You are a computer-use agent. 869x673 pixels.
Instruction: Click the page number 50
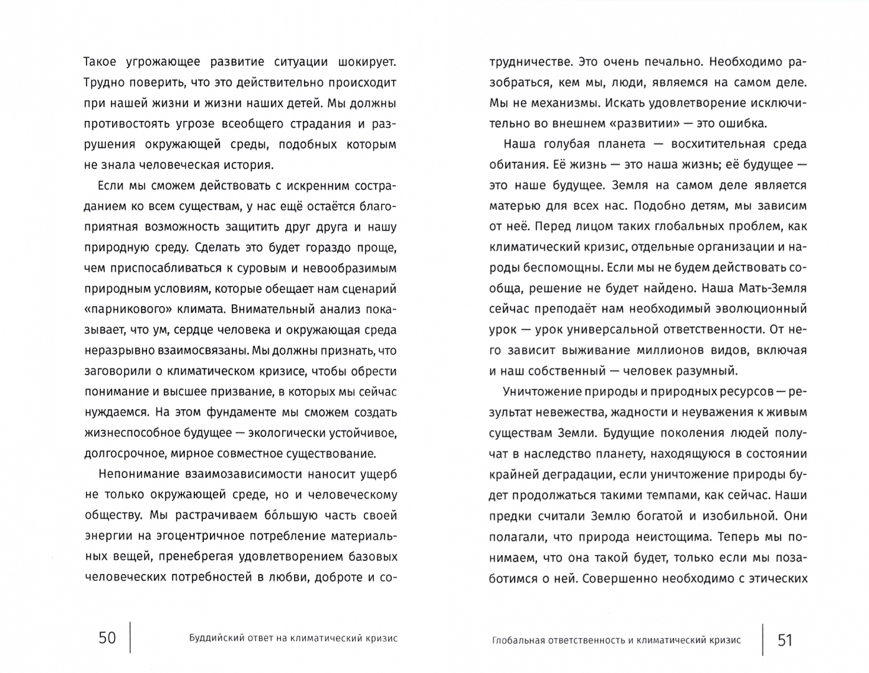107,638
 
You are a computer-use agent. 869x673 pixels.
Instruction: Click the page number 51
785,639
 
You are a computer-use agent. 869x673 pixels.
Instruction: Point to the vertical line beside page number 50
130,637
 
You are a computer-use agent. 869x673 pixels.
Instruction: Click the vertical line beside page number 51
763,638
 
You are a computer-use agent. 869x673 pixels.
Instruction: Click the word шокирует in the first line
366,62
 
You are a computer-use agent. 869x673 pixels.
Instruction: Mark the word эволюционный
760,309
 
